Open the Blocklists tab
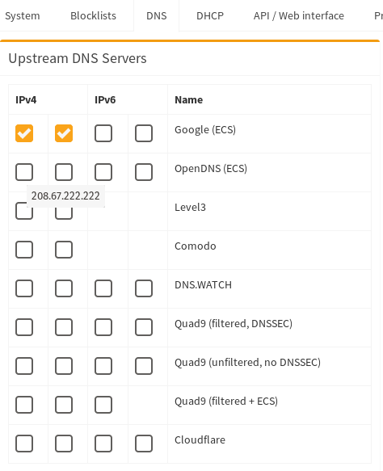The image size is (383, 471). [93, 15]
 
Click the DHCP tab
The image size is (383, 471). [210, 15]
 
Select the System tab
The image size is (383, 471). [23, 15]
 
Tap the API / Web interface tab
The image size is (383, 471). [299, 15]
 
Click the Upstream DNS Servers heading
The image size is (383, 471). [78, 58]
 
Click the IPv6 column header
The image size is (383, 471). [105, 99]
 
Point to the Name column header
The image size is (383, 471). [188, 99]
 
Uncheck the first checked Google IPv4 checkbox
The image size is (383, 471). [24, 133]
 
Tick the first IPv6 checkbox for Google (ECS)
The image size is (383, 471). [103, 133]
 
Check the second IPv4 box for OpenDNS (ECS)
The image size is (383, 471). [64, 172]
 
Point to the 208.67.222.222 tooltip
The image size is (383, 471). [65, 196]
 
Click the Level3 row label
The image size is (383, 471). [190, 208]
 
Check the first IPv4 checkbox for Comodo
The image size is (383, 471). [24, 250]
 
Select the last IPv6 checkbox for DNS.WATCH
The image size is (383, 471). [144, 288]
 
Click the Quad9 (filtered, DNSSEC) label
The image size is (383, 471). [234, 324]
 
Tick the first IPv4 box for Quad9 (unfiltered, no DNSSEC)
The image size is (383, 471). [24, 366]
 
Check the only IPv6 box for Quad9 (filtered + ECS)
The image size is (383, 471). [103, 405]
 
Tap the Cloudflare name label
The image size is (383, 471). [200, 440]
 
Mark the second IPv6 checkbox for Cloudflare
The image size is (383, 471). [144, 444]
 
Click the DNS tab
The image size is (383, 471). [157, 15]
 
